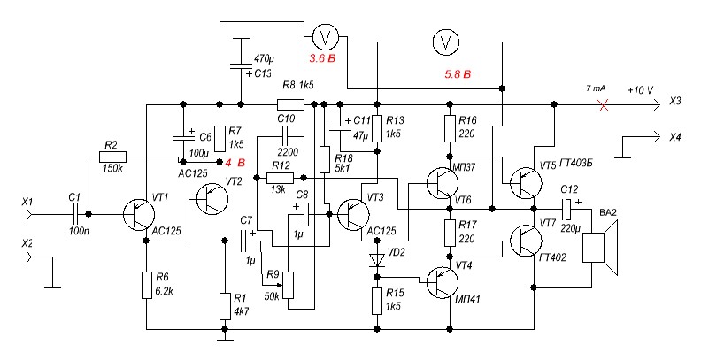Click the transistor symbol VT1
[x=139, y=215]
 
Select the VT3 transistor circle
[x=354, y=215]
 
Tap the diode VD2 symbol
[x=377, y=260]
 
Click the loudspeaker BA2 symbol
[x=600, y=248]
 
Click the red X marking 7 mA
[x=604, y=105]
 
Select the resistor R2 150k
[x=112, y=157]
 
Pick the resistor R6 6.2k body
[x=147, y=285]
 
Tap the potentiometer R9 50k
[x=288, y=285]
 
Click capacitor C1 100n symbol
[x=74, y=215]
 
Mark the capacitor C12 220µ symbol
[x=566, y=209]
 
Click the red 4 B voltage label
[x=235, y=163]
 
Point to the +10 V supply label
[x=640, y=91]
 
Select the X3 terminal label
[x=675, y=102]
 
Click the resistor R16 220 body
[x=451, y=128]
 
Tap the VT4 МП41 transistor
[x=443, y=282]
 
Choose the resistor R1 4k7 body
[x=226, y=306]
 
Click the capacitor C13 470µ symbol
[x=241, y=66]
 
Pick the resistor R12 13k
[x=280, y=178]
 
